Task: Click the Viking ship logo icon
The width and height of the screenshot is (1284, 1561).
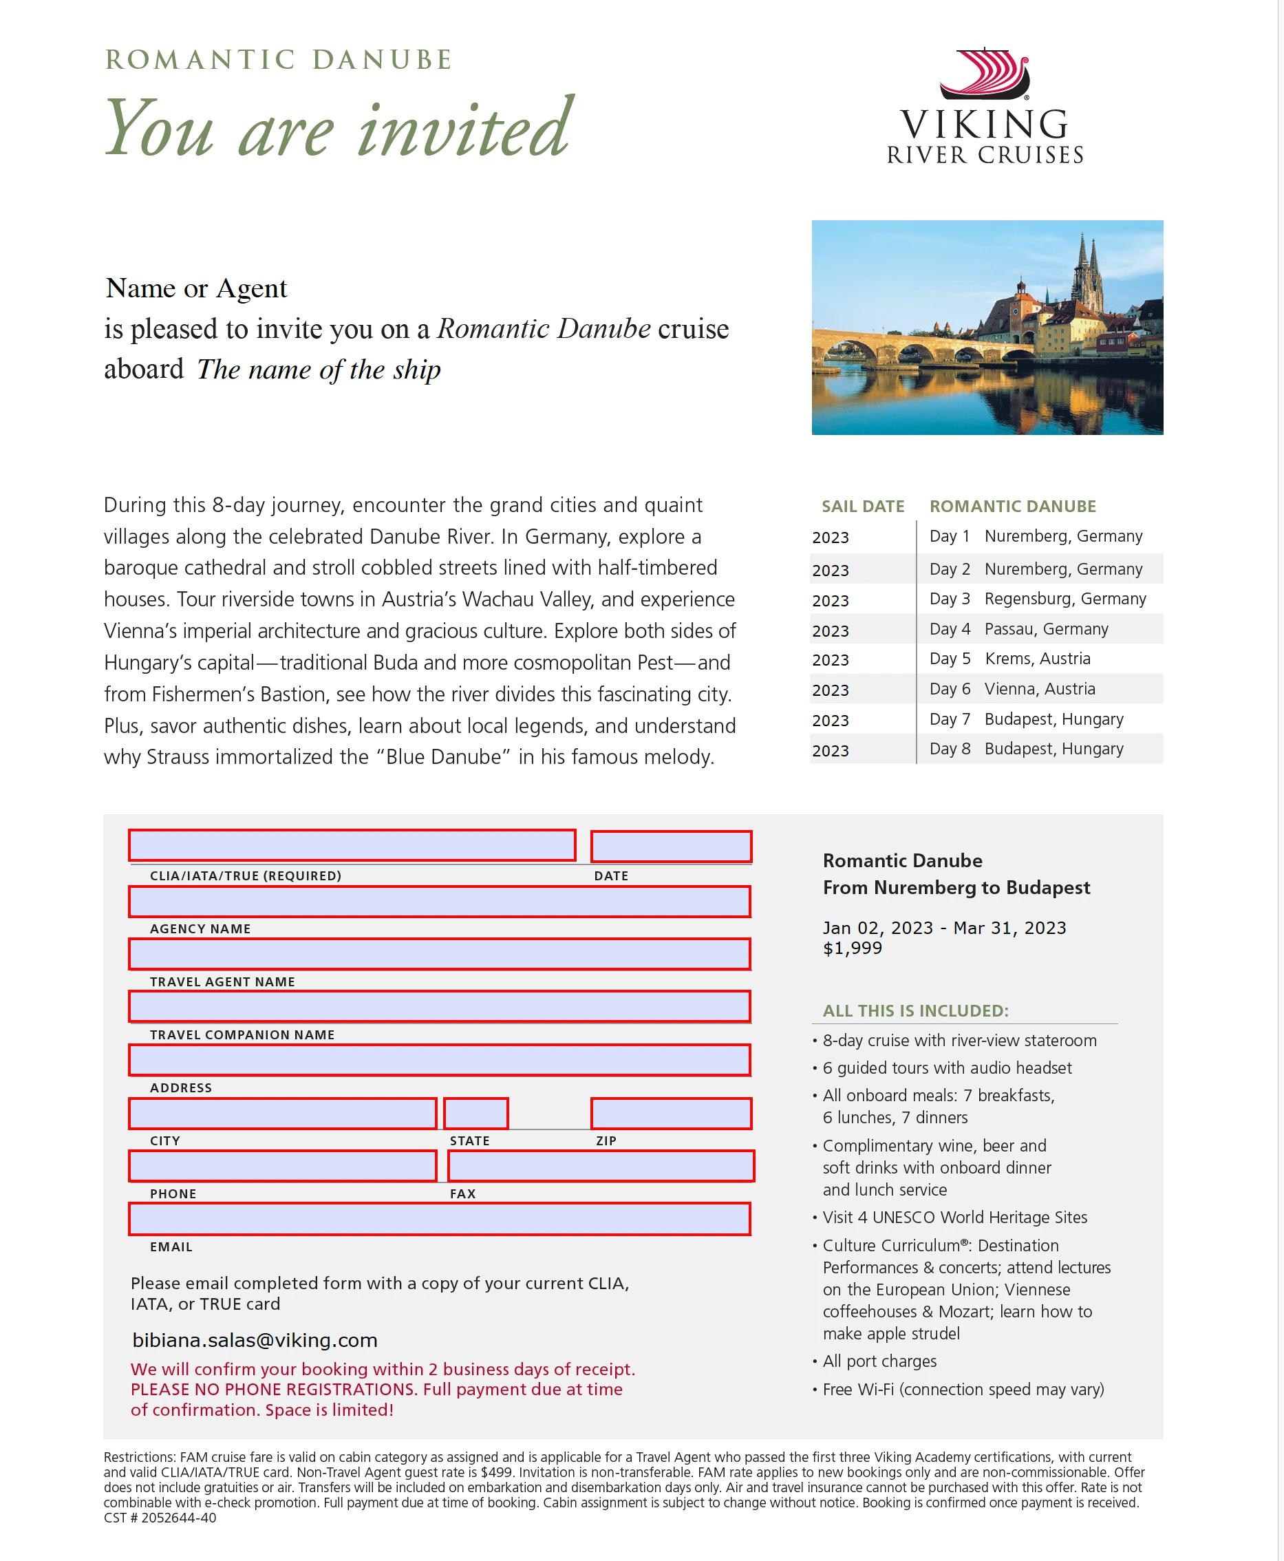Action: coord(985,74)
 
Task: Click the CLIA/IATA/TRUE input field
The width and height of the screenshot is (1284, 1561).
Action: coord(352,846)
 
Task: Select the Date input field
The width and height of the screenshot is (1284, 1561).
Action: coord(671,847)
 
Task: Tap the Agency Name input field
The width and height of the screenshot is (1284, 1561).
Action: coord(439,902)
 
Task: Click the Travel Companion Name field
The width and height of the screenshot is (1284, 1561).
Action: coord(439,1007)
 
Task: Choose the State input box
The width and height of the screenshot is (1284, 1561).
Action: coord(475,1114)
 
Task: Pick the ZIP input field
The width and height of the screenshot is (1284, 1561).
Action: coord(671,1114)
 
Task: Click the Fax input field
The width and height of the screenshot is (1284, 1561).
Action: coord(601,1167)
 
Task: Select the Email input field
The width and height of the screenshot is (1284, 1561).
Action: coord(439,1219)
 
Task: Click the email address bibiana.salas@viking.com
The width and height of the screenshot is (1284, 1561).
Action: coord(255,1341)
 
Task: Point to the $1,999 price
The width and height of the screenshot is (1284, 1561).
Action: coord(852,948)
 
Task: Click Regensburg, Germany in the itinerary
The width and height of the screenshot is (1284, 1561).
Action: coord(1065,599)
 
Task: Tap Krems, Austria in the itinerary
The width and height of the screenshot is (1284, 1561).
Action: coord(1037,659)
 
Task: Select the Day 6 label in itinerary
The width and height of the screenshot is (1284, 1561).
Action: coord(950,689)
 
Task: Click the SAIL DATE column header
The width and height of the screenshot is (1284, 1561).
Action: coord(862,506)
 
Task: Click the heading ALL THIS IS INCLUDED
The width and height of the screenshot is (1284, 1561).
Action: coord(915,1010)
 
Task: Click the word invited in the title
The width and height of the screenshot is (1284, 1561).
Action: coord(464,129)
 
